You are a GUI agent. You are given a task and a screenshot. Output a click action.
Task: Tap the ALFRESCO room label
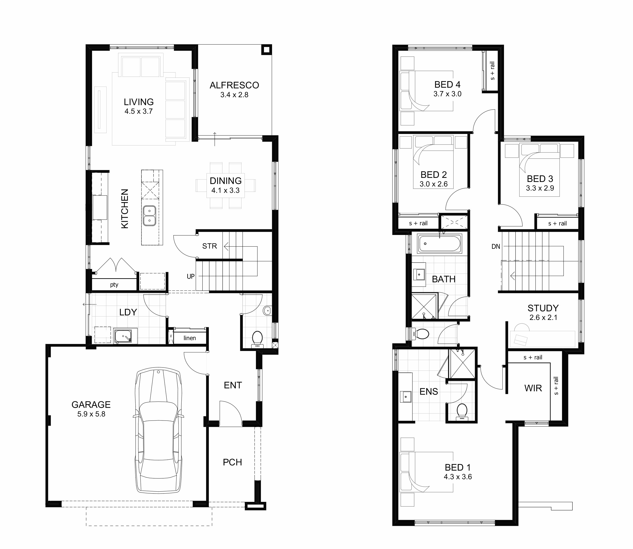coord(234,85)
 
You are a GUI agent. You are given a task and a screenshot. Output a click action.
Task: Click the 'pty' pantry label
coord(114,285)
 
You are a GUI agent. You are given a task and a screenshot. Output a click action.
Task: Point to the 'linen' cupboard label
coord(190,338)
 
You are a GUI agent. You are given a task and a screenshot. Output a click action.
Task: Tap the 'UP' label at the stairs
coord(191,276)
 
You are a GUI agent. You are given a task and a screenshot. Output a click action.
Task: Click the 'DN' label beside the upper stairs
coord(496,246)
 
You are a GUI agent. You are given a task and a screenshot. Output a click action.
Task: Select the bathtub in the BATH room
coord(439,244)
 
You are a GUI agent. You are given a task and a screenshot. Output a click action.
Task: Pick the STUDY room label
coord(543,308)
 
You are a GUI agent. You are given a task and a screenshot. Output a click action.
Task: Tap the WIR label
coord(533,388)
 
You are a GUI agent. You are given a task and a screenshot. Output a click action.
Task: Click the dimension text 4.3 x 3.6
coord(458,477)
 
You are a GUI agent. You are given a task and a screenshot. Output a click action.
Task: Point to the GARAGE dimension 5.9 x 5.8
coord(91,414)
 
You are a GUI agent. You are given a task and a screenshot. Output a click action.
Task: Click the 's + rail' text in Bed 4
coord(492,71)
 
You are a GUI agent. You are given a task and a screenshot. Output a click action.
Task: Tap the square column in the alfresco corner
coord(266,49)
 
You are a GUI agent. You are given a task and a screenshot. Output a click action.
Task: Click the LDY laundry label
coord(128,312)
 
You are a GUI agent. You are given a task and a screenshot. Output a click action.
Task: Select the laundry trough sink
coord(123,336)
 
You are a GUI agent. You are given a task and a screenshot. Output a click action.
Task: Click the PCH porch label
coord(232,462)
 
